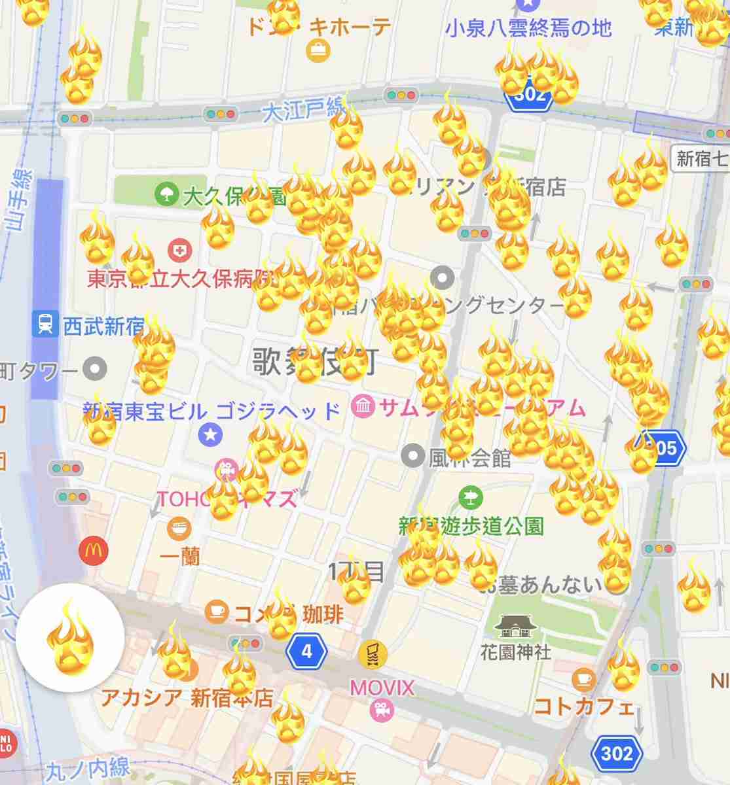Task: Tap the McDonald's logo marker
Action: [x=94, y=551]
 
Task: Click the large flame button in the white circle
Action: [x=70, y=637]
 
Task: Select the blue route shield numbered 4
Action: [x=306, y=651]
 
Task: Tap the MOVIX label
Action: [x=382, y=688]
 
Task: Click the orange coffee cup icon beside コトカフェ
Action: [x=583, y=679]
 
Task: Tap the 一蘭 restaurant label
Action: [x=180, y=557]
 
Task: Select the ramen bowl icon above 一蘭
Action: [x=178, y=528]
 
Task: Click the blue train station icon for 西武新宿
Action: [x=45, y=324]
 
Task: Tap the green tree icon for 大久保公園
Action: [x=166, y=194]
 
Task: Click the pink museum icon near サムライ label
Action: [x=363, y=407]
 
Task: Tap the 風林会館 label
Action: [x=469, y=457]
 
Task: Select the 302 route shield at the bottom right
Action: [x=617, y=753]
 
